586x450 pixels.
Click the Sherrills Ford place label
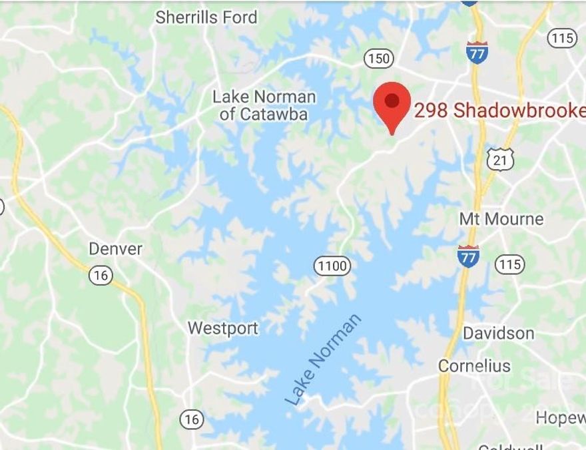pos(206,17)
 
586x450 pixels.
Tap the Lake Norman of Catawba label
pos(264,105)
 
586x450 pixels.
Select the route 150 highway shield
pos(378,59)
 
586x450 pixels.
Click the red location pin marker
pos(392,107)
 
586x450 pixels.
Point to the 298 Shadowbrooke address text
pos(499,111)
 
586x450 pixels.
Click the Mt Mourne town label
pos(501,218)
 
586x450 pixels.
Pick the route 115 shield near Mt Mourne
pos(509,264)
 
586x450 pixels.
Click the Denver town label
pos(116,249)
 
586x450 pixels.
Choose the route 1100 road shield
pos(332,267)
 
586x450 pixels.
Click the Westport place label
pos(222,328)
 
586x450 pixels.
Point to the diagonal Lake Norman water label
pos(324,359)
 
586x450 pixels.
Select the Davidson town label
pos(498,333)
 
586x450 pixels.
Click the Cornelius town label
pos(474,365)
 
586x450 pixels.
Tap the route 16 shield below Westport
pos(191,419)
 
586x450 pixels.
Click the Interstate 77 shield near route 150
pos(477,51)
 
